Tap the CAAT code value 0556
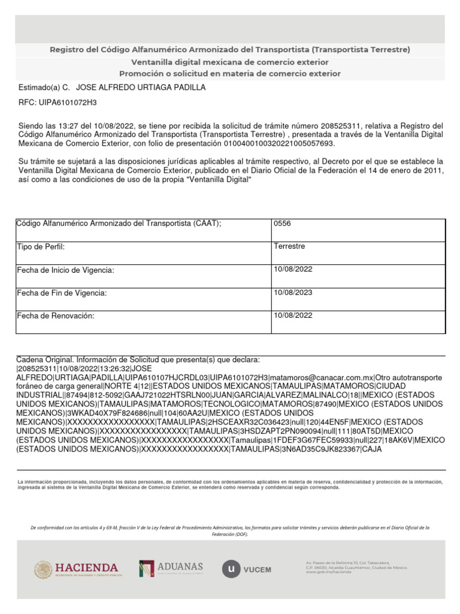(282, 224)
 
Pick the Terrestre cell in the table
(289, 246)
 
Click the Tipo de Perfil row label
(41, 247)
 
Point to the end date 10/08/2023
(293, 293)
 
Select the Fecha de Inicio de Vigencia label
(65, 270)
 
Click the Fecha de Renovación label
(56, 316)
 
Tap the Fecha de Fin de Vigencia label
(62, 293)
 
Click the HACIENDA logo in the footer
(78, 569)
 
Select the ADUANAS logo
(171, 568)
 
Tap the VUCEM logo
(247, 569)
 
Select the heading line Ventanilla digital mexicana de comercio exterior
(230, 62)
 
